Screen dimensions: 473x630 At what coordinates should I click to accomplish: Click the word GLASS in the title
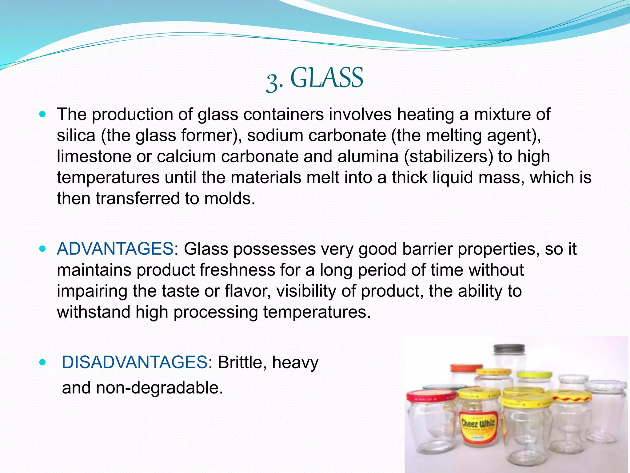326,78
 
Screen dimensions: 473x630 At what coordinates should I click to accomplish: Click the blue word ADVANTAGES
115,249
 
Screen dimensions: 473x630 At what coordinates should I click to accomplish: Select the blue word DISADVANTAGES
134,362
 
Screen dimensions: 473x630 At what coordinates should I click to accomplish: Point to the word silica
76,135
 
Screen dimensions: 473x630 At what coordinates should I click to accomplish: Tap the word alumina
368,156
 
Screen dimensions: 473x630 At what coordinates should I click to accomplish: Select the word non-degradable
159,388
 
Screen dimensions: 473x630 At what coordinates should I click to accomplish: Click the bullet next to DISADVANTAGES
43,362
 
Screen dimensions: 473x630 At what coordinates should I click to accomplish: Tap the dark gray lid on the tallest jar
509,350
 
